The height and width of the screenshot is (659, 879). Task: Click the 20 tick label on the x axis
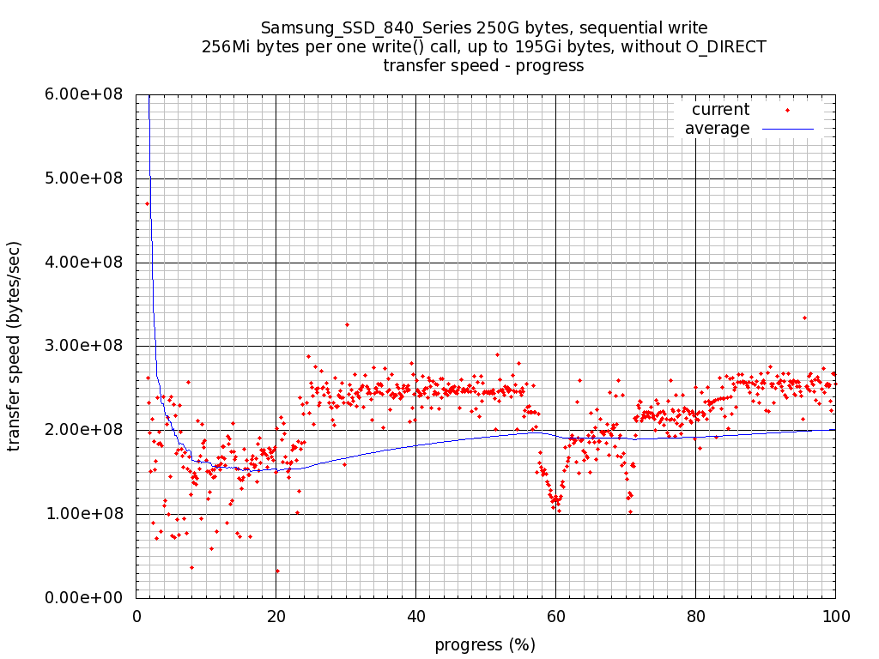click(x=276, y=615)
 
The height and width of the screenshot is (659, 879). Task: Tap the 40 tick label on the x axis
click(x=415, y=615)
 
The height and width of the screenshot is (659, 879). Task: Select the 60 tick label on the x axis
click(x=555, y=615)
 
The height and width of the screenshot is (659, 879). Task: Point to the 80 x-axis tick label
click(x=695, y=615)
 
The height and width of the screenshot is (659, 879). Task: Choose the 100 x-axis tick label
click(x=835, y=615)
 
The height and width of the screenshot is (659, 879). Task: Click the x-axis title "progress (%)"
click(x=485, y=645)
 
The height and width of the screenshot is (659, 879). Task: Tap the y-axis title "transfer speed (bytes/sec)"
click(x=15, y=346)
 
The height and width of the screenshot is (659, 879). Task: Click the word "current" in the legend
click(x=720, y=110)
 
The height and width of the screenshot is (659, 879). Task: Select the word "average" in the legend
click(x=717, y=129)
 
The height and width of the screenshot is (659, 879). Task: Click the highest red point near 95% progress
click(x=804, y=317)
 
